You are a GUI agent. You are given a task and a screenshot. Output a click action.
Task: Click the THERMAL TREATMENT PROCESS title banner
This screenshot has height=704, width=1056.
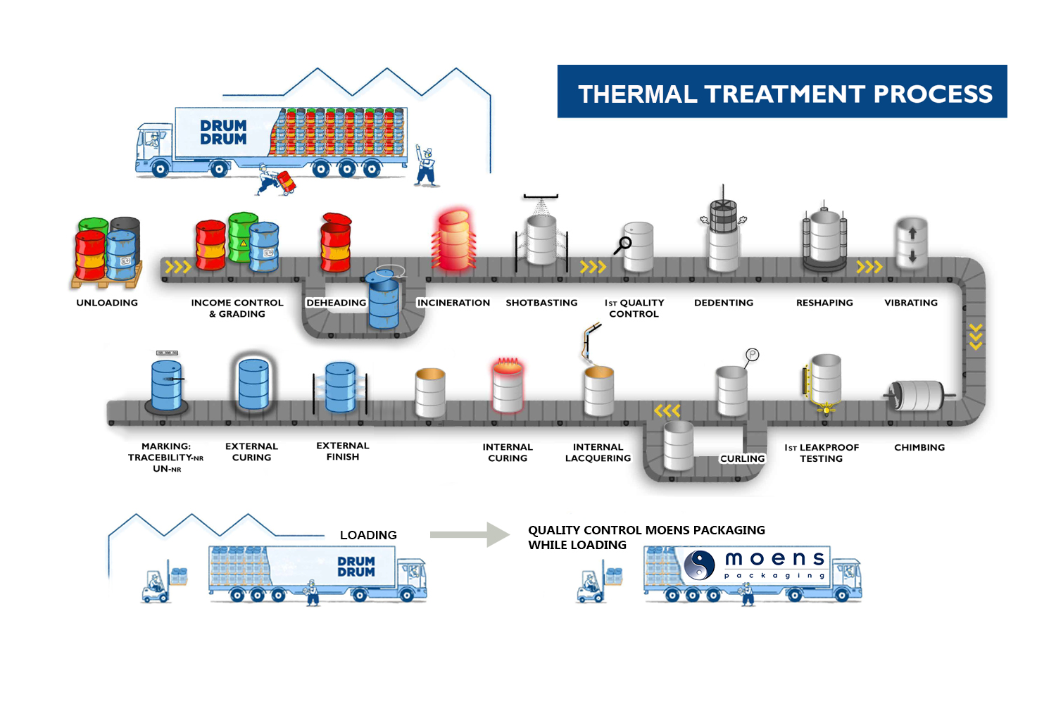click(x=781, y=92)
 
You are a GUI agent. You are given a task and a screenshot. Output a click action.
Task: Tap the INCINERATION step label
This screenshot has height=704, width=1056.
click(x=453, y=303)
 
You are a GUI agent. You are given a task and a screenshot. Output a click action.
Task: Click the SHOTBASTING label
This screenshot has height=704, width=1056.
click(x=541, y=303)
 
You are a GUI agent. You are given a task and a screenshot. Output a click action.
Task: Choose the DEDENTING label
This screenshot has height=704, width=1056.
click(x=724, y=303)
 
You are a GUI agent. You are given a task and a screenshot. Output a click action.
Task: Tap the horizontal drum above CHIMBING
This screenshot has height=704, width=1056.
click(x=918, y=396)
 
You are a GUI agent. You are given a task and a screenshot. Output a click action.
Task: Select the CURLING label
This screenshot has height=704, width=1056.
click(x=742, y=459)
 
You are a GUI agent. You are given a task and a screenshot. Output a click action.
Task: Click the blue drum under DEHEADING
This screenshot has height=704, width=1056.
click(x=384, y=303)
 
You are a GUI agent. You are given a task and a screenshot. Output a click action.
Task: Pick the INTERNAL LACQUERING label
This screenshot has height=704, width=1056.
click(x=598, y=453)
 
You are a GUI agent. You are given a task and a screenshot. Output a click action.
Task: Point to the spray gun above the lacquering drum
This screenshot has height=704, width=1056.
click(x=590, y=341)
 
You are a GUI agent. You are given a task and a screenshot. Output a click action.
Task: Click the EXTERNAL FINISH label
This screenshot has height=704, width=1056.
click(x=343, y=451)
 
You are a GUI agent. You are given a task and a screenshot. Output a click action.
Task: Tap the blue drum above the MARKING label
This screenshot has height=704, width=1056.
click(x=166, y=385)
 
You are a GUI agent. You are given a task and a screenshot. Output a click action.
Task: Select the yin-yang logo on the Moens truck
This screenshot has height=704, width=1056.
click(x=700, y=565)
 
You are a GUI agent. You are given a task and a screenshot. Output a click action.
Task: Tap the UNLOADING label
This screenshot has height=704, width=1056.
click(x=107, y=303)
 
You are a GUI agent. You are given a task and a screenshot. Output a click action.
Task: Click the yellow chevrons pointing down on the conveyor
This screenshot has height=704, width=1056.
click(x=976, y=336)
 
